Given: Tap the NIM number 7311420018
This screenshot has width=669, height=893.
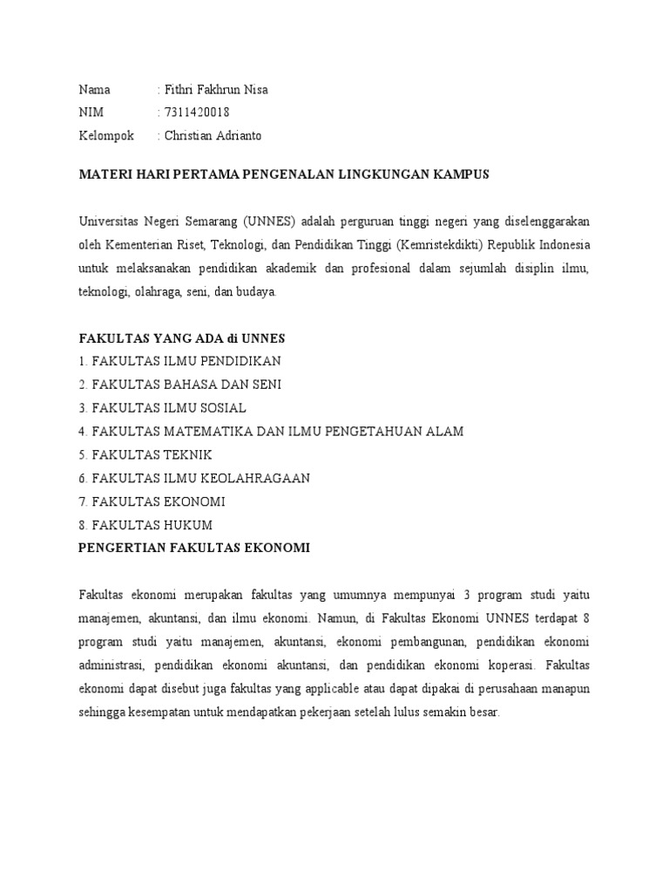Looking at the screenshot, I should pyautogui.click(x=197, y=112).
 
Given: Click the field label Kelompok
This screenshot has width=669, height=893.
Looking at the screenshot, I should pyautogui.click(x=106, y=135).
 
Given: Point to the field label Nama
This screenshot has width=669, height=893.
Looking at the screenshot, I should pyautogui.click(x=95, y=90).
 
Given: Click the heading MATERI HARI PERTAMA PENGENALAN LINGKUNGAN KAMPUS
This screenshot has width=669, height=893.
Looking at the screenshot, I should pyautogui.click(x=284, y=174).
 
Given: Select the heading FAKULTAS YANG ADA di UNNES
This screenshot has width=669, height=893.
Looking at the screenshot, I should pyautogui.click(x=182, y=337).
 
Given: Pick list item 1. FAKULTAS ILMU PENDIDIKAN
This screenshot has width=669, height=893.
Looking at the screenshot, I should pyautogui.click(x=180, y=361).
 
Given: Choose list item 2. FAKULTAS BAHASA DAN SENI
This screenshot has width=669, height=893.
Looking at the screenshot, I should pyautogui.click(x=180, y=385).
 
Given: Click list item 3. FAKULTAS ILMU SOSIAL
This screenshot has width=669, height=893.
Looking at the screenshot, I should pyautogui.click(x=163, y=408).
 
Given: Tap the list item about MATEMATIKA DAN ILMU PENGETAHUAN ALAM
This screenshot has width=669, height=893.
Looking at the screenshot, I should pyautogui.click(x=271, y=432).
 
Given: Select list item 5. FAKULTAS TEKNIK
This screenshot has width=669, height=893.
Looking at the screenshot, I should pyautogui.click(x=145, y=455).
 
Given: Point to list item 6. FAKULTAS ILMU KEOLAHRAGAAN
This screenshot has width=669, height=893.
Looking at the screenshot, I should pyautogui.click(x=194, y=479).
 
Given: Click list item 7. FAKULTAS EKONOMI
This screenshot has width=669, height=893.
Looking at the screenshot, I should pyautogui.click(x=152, y=502).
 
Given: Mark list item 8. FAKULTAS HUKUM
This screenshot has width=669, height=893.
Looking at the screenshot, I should pyautogui.click(x=145, y=525).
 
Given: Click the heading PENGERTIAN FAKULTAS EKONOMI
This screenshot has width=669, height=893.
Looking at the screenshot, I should pyautogui.click(x=194, y=548).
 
